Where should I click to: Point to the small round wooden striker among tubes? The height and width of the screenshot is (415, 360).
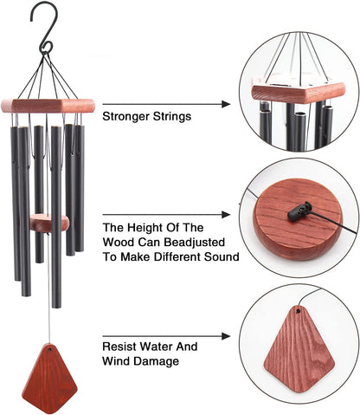(x=50, y=224)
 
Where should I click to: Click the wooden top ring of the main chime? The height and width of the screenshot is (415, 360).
(x=50, y=106)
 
